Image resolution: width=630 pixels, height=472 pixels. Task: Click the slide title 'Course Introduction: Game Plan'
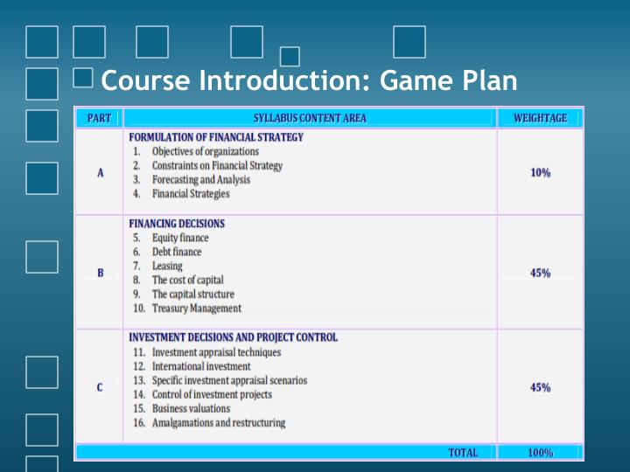coord(309,81)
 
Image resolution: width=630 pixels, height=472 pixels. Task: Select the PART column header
coord(99,118)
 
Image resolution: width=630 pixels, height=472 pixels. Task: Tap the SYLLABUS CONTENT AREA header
coord(310,118)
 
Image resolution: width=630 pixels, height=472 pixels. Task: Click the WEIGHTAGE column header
coord(540,118)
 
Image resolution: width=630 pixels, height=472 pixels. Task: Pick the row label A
coord(100,173)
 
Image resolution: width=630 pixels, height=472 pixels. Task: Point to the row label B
coord(100,273)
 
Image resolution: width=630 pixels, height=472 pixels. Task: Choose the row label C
coord(100,387)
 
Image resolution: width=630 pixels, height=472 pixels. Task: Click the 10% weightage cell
coord(540,173)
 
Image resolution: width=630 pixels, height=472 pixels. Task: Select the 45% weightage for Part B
coord(540,273)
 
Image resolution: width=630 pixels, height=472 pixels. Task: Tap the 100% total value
coord(540,453)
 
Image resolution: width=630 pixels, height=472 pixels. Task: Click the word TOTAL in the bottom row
coord(463,453)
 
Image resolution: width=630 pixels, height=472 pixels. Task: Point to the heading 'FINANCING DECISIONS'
coord(177,224)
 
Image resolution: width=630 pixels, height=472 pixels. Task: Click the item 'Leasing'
coord(167,266)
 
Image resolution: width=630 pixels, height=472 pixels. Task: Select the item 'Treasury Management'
coord(196,308)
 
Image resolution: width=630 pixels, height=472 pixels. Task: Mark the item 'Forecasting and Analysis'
coord(200,179)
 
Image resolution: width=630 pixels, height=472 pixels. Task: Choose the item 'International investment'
coord(200,366)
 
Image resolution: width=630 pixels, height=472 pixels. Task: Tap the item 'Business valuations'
coord(191,408)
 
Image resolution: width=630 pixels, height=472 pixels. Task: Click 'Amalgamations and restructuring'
coord(218,423)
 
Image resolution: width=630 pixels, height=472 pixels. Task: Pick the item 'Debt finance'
coord(176,252)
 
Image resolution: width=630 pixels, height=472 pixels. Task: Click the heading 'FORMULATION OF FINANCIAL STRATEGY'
coord(216,137)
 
